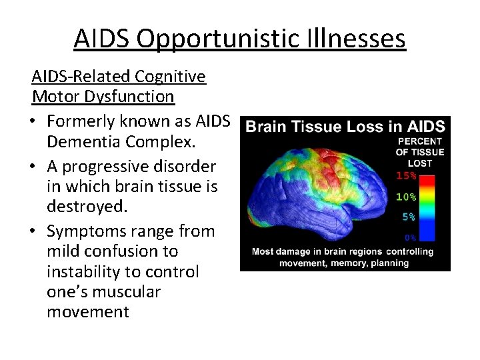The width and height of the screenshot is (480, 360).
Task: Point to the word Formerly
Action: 85,122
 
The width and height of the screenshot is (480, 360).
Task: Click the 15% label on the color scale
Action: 407,176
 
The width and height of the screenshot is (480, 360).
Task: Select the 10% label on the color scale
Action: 407,197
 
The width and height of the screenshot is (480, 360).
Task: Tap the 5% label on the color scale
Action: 409,217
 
